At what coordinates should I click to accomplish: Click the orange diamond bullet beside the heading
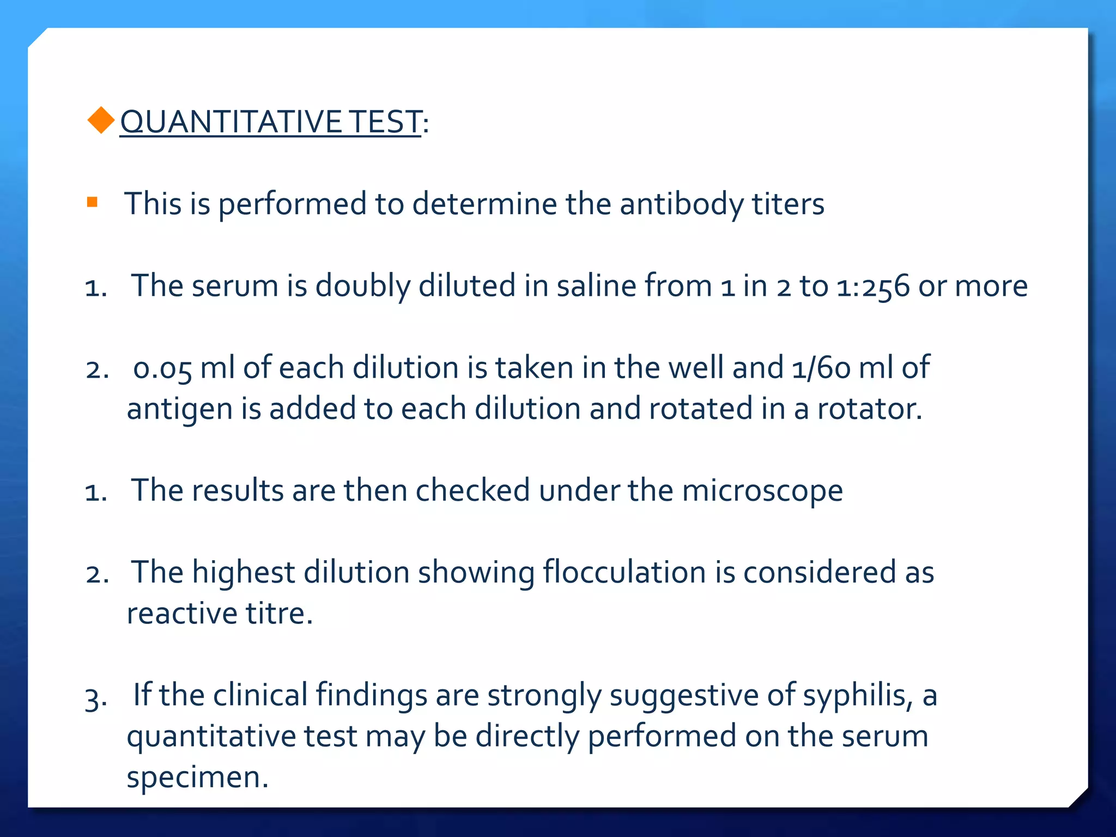click(x=101, y=120)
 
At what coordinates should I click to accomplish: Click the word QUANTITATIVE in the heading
click(x=231, y=122)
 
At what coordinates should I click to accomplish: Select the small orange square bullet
click(x=92, y=203)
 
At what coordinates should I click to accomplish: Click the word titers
click(x=788, y=204)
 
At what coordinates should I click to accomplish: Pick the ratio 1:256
click(x=873, y=287)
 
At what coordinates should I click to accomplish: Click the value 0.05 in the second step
click(x=162, y=368)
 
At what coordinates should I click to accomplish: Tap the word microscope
click(x=762, y=491)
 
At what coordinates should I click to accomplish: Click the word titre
click(x=279, y=614)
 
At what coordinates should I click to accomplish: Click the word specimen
click(x=197, y=778)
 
